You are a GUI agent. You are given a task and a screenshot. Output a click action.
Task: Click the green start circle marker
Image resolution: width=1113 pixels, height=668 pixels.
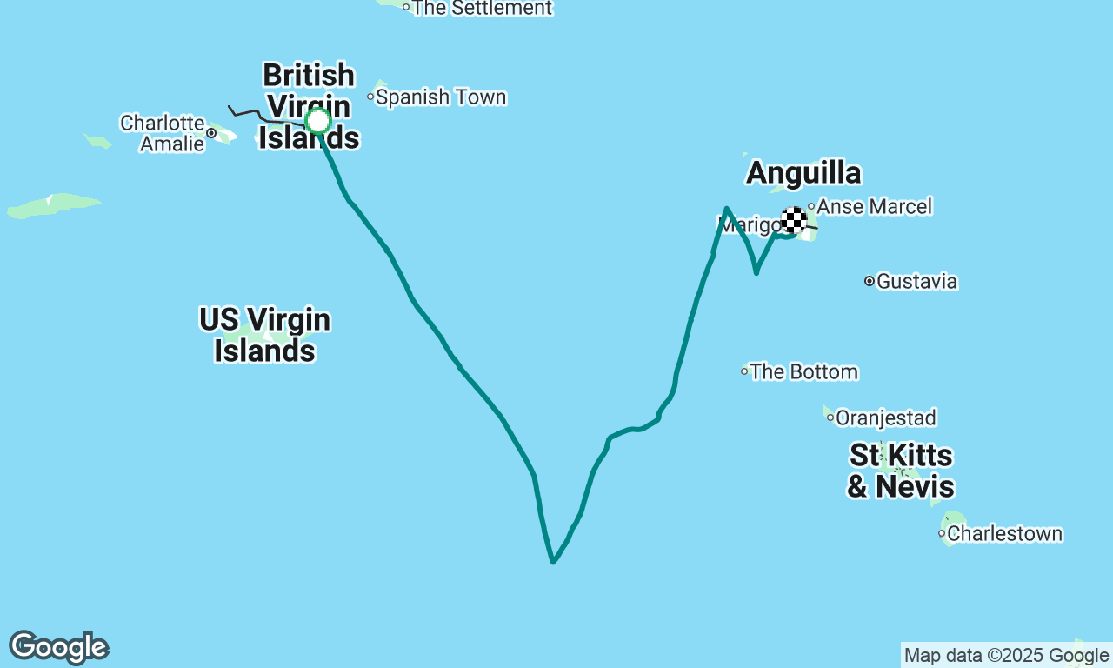tap(318, 121)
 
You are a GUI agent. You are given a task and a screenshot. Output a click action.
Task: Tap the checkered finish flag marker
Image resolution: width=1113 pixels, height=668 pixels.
tap(793, 220)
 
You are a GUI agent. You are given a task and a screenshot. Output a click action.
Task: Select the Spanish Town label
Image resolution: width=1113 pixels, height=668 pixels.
tap(441, 97)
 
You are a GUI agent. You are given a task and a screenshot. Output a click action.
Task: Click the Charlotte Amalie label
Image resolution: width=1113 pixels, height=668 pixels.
tap(163, 133)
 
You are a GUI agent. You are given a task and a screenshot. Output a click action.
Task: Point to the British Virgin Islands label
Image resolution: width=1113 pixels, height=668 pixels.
tap(309, 106)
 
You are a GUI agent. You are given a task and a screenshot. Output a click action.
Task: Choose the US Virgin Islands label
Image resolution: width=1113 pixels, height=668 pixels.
tap(264, 335)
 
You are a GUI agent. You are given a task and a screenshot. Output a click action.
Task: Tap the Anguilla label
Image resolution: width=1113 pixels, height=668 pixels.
tap(803, 173)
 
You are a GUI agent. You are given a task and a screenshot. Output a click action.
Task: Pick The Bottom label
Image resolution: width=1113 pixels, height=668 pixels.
tap(804, 371)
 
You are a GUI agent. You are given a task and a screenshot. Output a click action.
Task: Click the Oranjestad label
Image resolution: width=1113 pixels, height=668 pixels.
tap(886, 417)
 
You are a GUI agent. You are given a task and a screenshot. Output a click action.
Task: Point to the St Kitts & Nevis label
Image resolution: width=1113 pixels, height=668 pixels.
tap(901, 471)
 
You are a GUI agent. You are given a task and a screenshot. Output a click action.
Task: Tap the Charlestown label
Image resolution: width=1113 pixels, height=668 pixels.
tap(1005, 533)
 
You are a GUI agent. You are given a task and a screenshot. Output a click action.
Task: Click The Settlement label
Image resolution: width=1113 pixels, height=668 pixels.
tap(482, 8)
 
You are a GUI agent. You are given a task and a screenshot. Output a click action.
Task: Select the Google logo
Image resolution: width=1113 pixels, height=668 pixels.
tap(58, 648)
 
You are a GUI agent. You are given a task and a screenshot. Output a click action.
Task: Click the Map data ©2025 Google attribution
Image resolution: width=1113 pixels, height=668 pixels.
tap(1006, 655)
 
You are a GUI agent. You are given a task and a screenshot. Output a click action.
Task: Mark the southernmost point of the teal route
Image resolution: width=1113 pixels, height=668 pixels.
tap(553, 563)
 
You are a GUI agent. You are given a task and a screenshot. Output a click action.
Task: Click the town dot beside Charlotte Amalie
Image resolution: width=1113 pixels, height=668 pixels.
tap(211, 133)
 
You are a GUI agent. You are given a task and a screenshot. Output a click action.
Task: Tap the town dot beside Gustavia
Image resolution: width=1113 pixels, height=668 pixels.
tap(869, 281)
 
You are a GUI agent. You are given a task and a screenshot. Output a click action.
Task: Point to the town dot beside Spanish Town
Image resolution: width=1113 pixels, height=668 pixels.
tap(370, 97)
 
